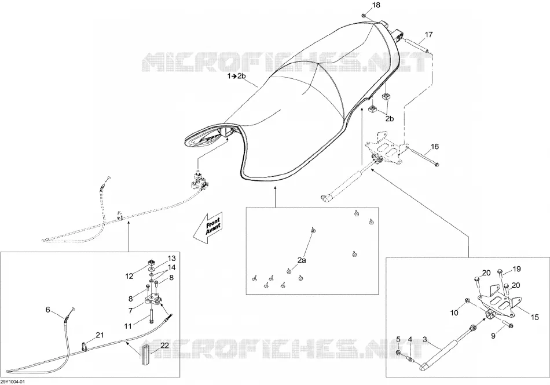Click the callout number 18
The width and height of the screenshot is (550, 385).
pos(376,5)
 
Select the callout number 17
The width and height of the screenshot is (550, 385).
pos(428,35)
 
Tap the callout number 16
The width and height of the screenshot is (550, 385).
pos(435,147)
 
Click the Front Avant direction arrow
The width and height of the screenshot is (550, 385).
pos(210,228)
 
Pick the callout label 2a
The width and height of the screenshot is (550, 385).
pos(302,260)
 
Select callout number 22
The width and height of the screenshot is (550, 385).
pos(164,346)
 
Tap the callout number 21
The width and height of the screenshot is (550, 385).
pos(100,335)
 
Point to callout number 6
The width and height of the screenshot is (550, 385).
pos(47,310)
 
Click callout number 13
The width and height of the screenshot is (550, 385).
pos(171,259)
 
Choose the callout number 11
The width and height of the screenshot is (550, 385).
pos(128,326)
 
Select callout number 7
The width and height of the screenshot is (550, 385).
pos(130,311)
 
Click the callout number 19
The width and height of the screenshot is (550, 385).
pos(516,269)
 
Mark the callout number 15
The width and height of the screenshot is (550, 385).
pos(534,318)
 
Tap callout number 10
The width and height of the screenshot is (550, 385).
pos(454,313)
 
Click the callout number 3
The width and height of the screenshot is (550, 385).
pos(425,340)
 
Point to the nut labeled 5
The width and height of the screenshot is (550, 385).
pos(399,353)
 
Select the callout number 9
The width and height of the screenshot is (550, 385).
pos(493,336)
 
